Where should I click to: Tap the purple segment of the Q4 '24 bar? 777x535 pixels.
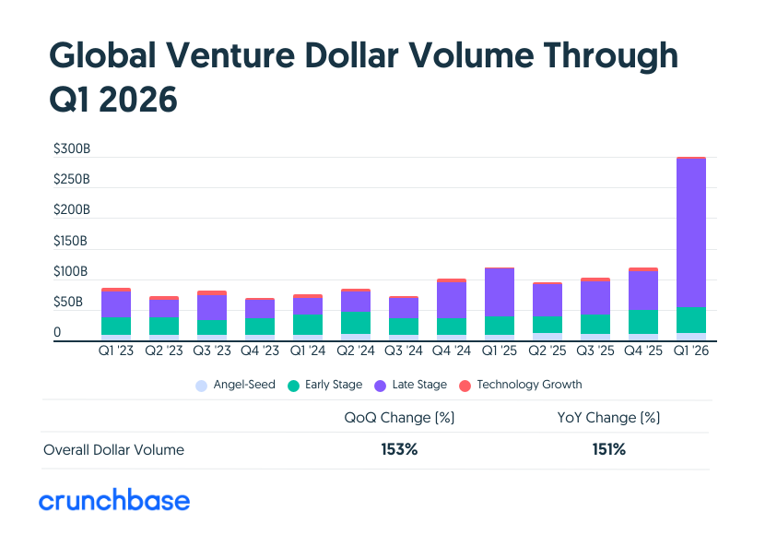pos(452,300)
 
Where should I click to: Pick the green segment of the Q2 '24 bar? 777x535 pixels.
pos(356,322)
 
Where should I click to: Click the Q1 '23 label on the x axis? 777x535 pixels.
pos(115,351)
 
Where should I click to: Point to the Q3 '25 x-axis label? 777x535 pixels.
pos(595,351)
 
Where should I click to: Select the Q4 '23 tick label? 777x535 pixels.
pos(259,351)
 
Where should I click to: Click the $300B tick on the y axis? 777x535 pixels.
pos(71,149)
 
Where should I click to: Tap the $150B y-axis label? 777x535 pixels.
pos(71,241)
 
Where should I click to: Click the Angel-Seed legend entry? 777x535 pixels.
pos(235,385)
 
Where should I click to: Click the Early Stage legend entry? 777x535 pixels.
pos(324,385)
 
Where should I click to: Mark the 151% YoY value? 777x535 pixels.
pos(609,450)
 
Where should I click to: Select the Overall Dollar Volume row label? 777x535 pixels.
pos(113,450)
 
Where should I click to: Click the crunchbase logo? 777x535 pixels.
pos(114,501)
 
